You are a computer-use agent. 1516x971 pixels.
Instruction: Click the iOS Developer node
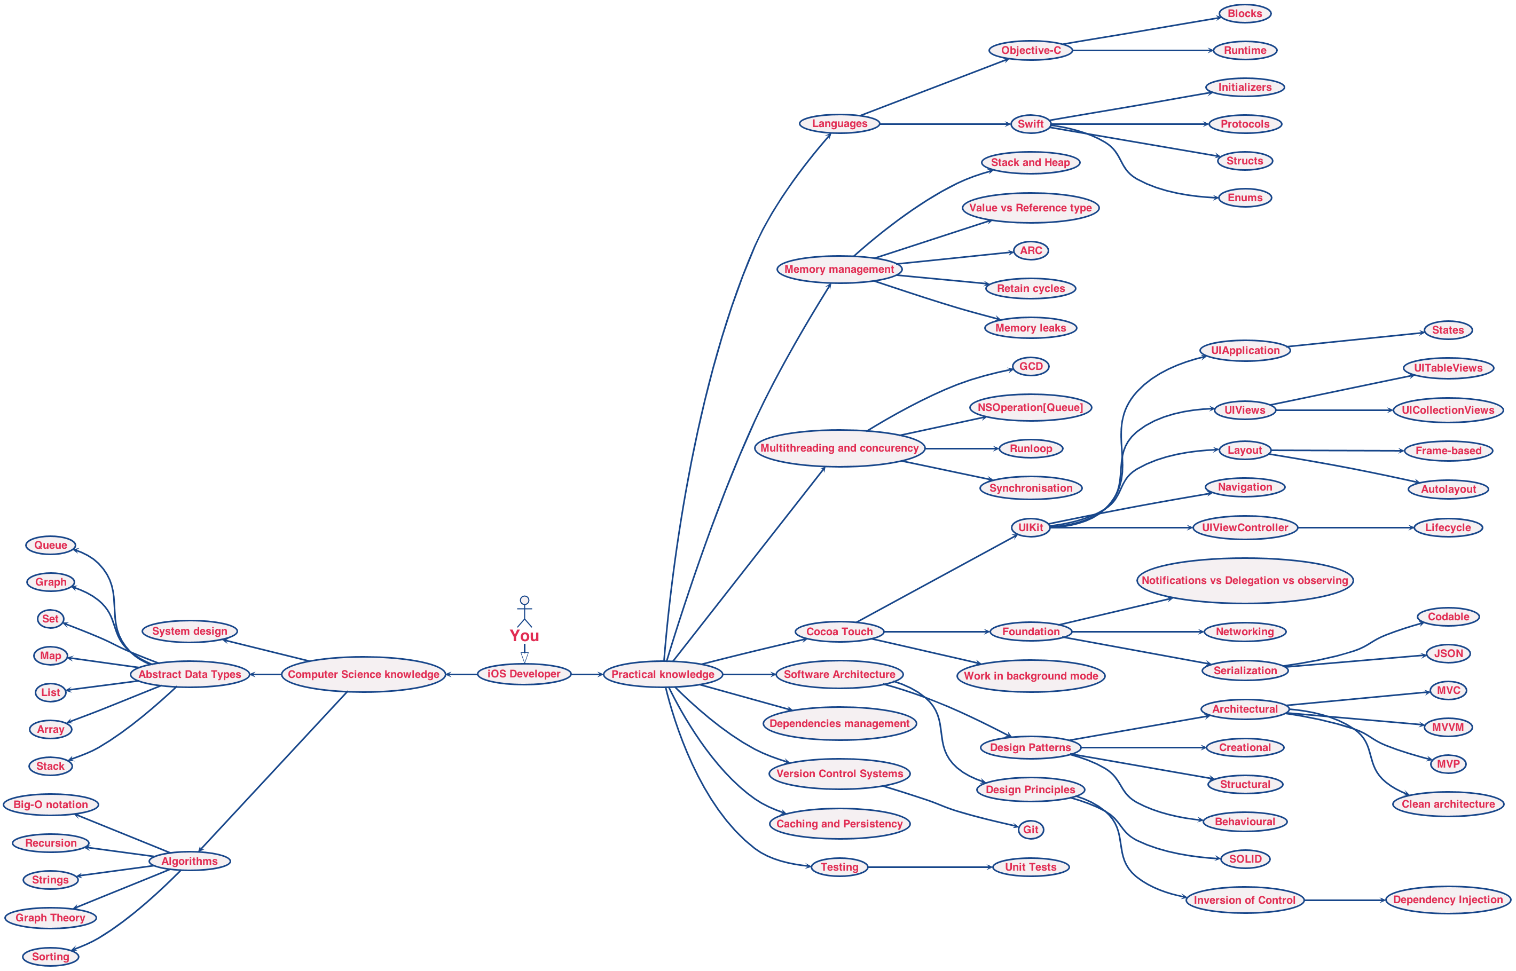[523, 674]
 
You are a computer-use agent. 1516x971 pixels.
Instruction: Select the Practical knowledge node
[663, 674]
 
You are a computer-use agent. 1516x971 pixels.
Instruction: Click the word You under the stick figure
[524, 636]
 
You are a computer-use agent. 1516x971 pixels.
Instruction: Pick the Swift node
[1031, 124]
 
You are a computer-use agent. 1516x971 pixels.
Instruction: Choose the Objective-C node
[1031, 50]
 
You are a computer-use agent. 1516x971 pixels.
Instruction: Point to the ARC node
[1031, 250]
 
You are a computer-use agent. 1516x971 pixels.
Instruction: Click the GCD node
[1031, 366]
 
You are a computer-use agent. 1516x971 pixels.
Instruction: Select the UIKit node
[1031, 527]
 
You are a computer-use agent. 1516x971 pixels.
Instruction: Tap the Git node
[1031, 830]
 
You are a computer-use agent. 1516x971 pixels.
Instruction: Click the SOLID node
[1245, 859]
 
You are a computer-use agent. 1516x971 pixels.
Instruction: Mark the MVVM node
[1448, 727]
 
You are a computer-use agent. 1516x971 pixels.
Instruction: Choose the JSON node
[1448, 653]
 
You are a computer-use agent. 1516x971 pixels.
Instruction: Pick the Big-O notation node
[50, 804]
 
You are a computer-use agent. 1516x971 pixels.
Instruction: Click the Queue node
[50, 546]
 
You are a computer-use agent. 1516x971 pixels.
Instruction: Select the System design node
[189, 631]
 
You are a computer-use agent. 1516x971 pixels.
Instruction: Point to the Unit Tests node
[1031, 867]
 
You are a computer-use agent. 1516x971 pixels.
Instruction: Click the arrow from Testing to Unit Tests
[930, 867]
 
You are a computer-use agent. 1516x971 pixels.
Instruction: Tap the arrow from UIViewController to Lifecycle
[1356, 528]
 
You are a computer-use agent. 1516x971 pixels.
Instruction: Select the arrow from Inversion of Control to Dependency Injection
[1345, 901]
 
